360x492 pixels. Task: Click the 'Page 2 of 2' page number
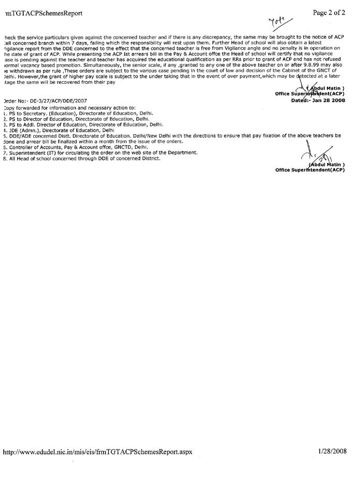[329, 13]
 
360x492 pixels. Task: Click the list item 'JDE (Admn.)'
[57, 131]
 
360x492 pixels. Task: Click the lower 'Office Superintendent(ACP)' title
[310, 170]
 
